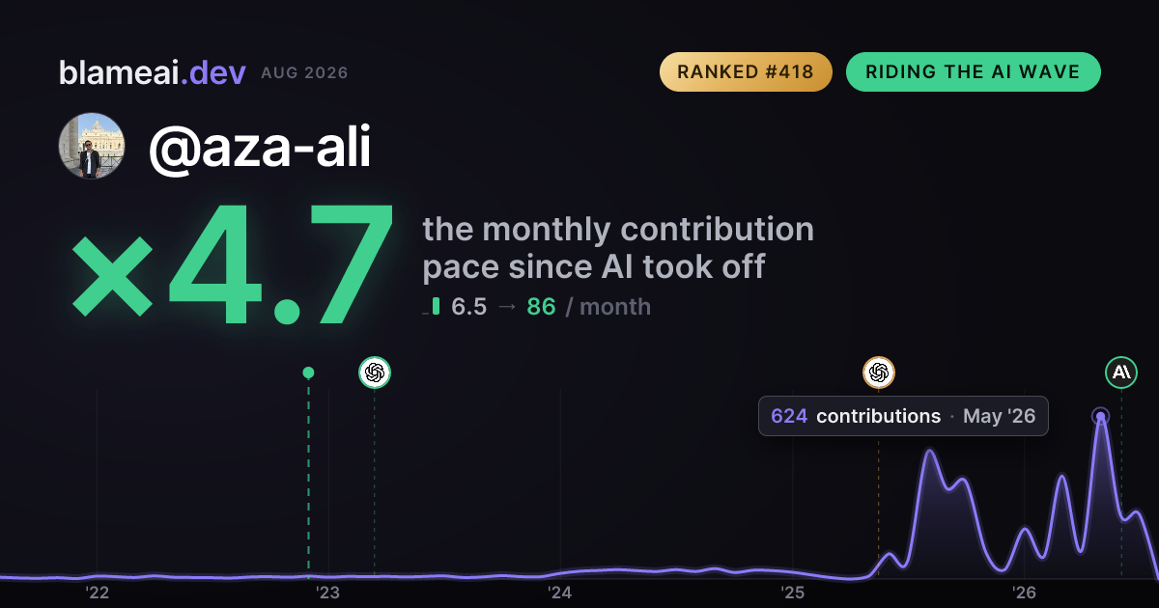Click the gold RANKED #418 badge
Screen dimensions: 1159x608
pos(746,71)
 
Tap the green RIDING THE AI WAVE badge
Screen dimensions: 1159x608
pos(974,71)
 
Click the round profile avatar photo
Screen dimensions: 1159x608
pos(92,146)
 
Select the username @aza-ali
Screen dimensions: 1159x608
pos(260,147)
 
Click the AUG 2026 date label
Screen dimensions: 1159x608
pos(304,73)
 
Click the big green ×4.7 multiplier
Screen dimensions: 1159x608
pos(233,263)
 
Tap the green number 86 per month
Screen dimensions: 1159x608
pos(541,307)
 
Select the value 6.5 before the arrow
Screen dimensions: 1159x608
pos(468,307)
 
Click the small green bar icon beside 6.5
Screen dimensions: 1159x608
pos(436,306)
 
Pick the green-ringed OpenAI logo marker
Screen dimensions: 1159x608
pos(375,373)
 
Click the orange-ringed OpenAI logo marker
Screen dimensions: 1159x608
pos(879,373)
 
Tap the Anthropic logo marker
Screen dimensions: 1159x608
pos(1121,373)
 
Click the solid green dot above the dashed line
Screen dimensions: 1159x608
pos(308,373)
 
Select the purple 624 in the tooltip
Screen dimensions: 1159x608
pos(789,416)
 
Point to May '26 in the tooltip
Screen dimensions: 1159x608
pos(999,416)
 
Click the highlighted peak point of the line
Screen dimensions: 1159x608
pos(1100,417)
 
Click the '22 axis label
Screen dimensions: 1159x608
pos(97,593)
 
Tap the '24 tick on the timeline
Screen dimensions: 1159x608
pos(560,593)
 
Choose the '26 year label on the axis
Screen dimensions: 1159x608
pos(1024,593)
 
